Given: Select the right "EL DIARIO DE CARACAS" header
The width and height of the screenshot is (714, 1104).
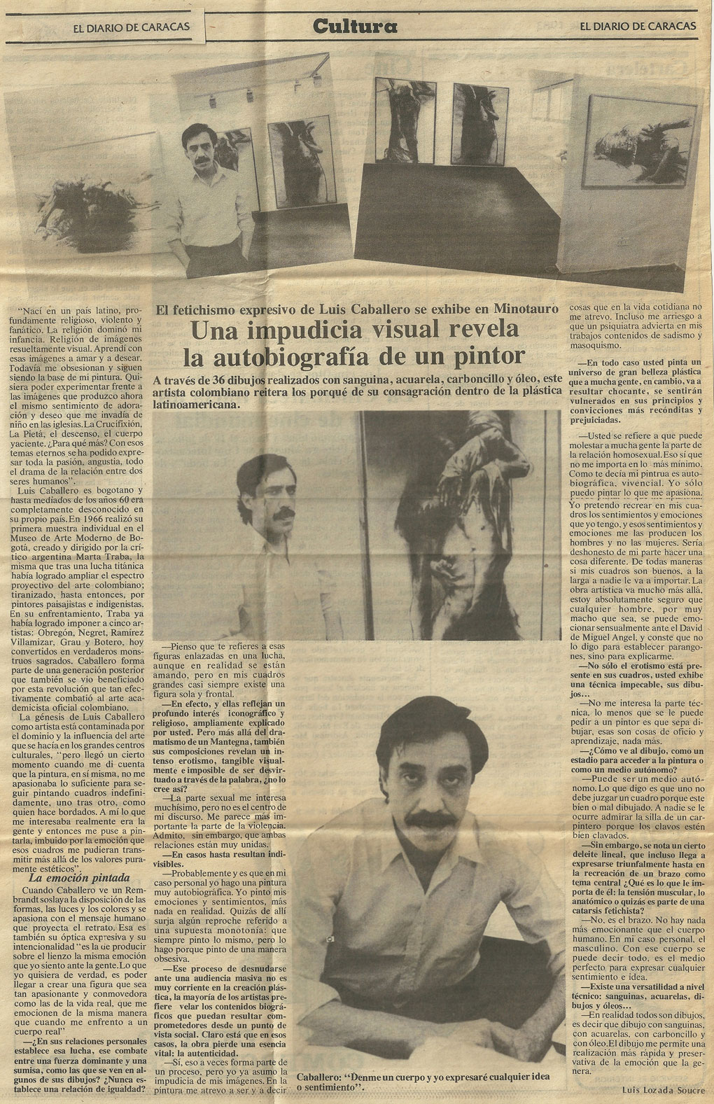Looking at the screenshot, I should click(x=637, y=26).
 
